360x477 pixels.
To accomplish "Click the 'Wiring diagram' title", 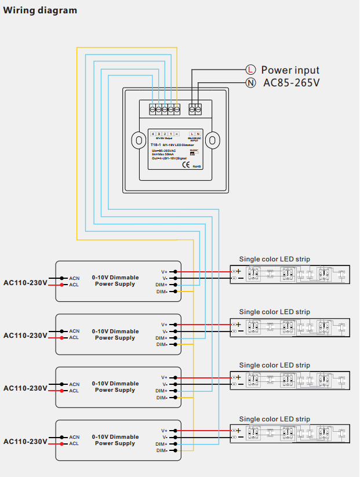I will (40, 10).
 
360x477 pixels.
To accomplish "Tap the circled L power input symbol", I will (250, 70).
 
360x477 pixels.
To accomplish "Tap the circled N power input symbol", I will (250, 83).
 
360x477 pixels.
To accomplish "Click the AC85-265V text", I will (292, 83).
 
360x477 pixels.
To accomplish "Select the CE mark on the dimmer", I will (186, 164).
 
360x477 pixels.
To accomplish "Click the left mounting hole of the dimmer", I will (139, 140).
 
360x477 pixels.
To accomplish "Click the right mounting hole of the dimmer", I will (213, 140).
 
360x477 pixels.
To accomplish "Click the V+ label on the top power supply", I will (164, 271).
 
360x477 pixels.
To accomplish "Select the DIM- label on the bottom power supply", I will (162, 450).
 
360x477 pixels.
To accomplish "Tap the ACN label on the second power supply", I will (74, 331).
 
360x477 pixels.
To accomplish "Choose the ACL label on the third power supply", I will (74, 391).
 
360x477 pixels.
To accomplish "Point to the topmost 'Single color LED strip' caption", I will (274, 258).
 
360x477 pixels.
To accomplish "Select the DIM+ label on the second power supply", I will (162, 337).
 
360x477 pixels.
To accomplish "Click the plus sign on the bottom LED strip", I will (238, 430).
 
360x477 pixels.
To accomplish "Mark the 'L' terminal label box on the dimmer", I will (192, 134).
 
